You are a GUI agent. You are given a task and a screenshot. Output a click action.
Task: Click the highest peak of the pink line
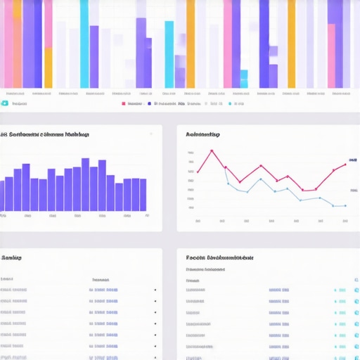(x=211, y=150)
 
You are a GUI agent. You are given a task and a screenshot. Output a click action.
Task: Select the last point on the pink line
(x=345, y=164)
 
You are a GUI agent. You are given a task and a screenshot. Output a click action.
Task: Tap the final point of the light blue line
(x=345, y=206)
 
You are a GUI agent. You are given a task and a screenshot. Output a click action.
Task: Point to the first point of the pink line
(x=198, y=172)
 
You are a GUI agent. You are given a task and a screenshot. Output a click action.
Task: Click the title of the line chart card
(x=202, y=134)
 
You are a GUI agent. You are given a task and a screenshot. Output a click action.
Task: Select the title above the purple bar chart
(x=44, y=134)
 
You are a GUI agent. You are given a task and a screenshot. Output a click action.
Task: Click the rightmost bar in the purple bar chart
(x=143, y=195)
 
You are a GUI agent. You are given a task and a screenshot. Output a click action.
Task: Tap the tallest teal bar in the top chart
(x=84, y=42)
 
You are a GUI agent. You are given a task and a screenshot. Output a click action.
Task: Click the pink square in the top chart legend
(x=124, y=103)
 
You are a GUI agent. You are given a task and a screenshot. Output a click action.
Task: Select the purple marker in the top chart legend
(x=149, y=103)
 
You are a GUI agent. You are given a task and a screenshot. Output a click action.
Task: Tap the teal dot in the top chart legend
(x=230, y=103)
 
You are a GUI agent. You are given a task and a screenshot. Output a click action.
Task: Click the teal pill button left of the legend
(x=5, y=103)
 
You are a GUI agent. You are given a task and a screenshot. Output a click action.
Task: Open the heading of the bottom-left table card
(x=11, y=258)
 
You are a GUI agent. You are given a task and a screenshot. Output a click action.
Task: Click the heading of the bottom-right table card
(x=219, y=258)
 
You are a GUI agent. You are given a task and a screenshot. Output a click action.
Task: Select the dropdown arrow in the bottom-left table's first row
(x=155, y=290)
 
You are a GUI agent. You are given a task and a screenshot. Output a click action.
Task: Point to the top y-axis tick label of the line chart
(x=191, y=153)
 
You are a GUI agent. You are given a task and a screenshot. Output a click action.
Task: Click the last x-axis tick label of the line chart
(x=345, y=221)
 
